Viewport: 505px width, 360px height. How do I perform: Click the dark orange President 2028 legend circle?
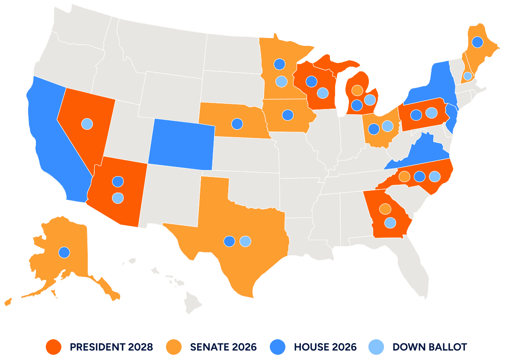point(53,347)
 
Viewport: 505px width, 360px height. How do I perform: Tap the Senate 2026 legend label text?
point(223,347)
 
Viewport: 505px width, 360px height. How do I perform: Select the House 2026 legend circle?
point(277,347)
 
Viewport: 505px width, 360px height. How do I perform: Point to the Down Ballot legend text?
point(429,347)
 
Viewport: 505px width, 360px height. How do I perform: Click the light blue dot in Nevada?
point(87,124)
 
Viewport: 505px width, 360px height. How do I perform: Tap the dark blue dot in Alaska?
point(64,252)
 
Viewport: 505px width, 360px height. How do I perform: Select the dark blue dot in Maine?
point(477,42)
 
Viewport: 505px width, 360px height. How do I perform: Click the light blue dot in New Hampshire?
point(467,76)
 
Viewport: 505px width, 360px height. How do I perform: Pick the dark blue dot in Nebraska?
point(237,124)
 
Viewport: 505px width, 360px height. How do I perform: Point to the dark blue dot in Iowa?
point(288,115)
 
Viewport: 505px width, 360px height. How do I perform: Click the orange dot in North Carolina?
point(404,176)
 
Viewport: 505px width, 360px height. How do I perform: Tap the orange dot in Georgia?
point(385,209)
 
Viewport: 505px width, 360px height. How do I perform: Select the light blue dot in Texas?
point(245,241)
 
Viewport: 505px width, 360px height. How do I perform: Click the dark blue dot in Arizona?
point(118,181)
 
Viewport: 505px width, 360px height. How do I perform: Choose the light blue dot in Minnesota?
point(281,81)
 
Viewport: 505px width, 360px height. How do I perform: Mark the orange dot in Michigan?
point(357,90)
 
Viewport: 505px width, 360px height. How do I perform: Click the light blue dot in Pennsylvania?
point(431,112)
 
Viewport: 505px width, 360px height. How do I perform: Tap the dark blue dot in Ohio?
point(374,129)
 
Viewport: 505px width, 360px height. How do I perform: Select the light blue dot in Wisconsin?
point(323,93)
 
